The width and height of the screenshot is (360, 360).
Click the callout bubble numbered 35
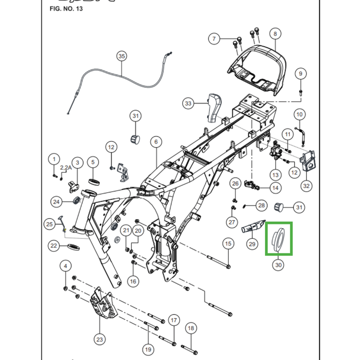click(x=121, y=56)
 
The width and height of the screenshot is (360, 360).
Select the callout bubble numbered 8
click(x=275, y=33)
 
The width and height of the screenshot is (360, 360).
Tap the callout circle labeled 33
click(x=188, y=103)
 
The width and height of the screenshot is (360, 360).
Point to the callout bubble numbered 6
click(x=156, y=142)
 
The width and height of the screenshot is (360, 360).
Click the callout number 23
click(x=99, y=339)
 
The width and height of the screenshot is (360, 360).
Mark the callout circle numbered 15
click(x=228, y=243)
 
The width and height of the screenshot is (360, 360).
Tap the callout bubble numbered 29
click(x=252, y=244)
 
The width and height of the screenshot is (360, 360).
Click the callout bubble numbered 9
click(x=300, y=73)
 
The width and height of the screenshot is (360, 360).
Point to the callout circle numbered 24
click(x=56, y=202)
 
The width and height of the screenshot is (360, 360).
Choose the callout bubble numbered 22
click(x=54, y=246)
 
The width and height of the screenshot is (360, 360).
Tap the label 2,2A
click(x=66, y=167)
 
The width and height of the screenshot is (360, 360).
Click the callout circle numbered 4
click(x=65, y=267)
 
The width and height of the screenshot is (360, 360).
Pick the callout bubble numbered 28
click(x=261, y=205)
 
